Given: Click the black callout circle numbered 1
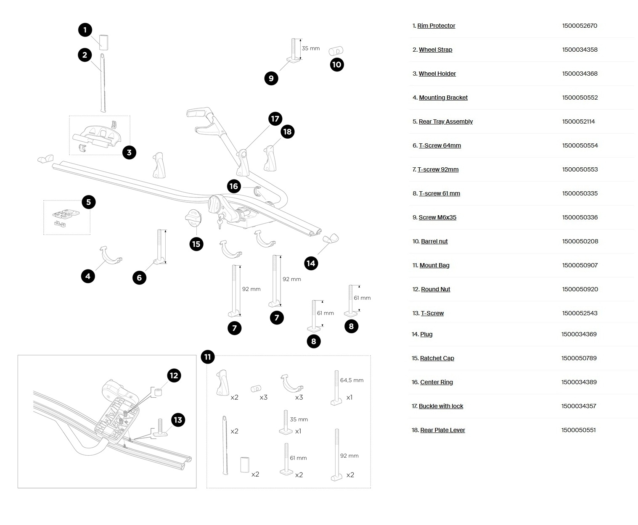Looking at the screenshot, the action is pyautogui.click(x=85, y=30).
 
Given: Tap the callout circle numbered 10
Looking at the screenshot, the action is pyautogui.click(x=337, y=65).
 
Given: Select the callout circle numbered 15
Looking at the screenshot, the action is pyautogui.click(x=196, y=244).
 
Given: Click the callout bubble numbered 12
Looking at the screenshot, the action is pyautogui.click(x=174, y=376).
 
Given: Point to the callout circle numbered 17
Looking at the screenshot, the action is pyautogui.click(x=275, y=119).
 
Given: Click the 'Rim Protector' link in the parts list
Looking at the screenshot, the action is pyautogui.click(x=436, y=26).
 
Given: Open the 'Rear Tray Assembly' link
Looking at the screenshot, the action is pyautogui.click(x=446, y=121).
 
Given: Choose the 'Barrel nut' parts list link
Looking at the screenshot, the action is pyautogui.click(x=434, y=241).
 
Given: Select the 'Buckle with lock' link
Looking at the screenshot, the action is pyautogui.click(x=441, y=406).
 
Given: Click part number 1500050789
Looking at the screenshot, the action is pyautogui.click(x=579, y=359).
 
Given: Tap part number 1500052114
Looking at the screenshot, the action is pyautogui.click(x=578, y=121).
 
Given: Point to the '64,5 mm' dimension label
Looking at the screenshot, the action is pyautogui.click(x=352, y=380).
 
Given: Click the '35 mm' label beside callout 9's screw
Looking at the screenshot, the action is pyautogui.click(x=311, y=48).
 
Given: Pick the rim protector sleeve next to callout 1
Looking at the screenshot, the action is pyautogui.click(x=104, y=42).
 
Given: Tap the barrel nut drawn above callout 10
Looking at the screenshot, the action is pyautogui.click(x=336, y=51).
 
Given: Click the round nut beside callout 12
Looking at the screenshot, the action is pyautogui.click(x=158, y=392).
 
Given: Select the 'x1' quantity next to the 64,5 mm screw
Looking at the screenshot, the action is pyautogui.click(x=349, y=397).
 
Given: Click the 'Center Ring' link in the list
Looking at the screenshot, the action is pyautogui.click(x=437, y=382).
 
